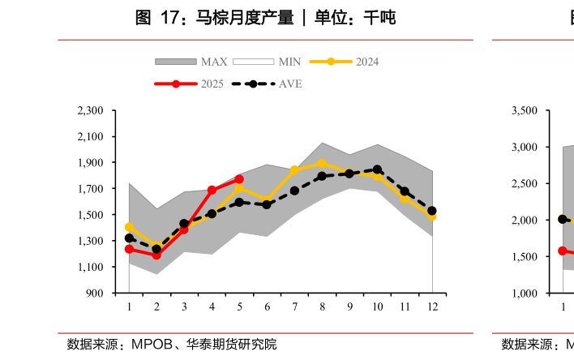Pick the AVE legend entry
point(268,84)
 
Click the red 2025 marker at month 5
point(239,179)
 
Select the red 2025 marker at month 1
point(129,249)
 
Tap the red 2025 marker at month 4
point(212,191)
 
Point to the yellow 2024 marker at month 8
point(322,163)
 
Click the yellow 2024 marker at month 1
point(129,227)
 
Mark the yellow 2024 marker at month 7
point(294,170)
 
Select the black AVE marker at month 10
point(377,169)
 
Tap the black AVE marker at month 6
point(267,204)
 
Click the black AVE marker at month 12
point(432,211)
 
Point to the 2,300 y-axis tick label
point(91,110)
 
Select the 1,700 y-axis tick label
point(91,189)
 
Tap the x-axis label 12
point(432,306)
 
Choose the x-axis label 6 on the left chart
point(267,306)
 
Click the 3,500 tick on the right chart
point(525,110)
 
